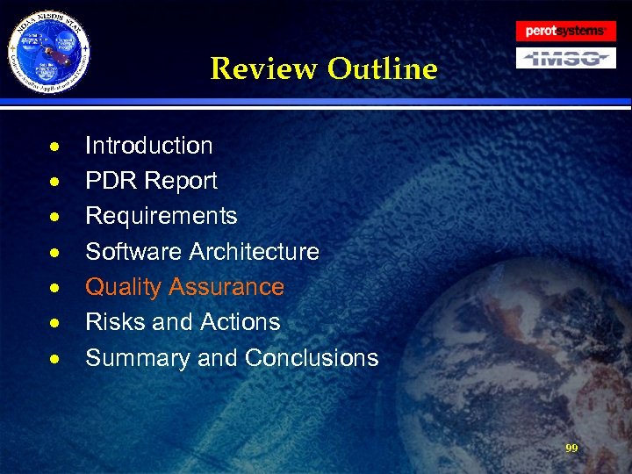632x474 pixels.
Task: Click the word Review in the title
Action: [x=265, y=68]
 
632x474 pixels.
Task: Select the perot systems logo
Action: [x=565, y=31]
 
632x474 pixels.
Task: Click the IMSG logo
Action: [x=565, y=58]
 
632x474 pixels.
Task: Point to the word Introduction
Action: [x=148, y=146]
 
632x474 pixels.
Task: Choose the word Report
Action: [x=182, y=181]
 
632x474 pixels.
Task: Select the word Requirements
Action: [x=161, y=216]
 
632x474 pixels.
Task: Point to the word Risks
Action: [x=114, y=322]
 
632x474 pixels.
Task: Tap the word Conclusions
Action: [x=312, y=358]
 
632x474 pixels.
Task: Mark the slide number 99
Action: [x=571, y=448]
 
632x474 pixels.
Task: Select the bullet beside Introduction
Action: [x=55, y=147]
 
